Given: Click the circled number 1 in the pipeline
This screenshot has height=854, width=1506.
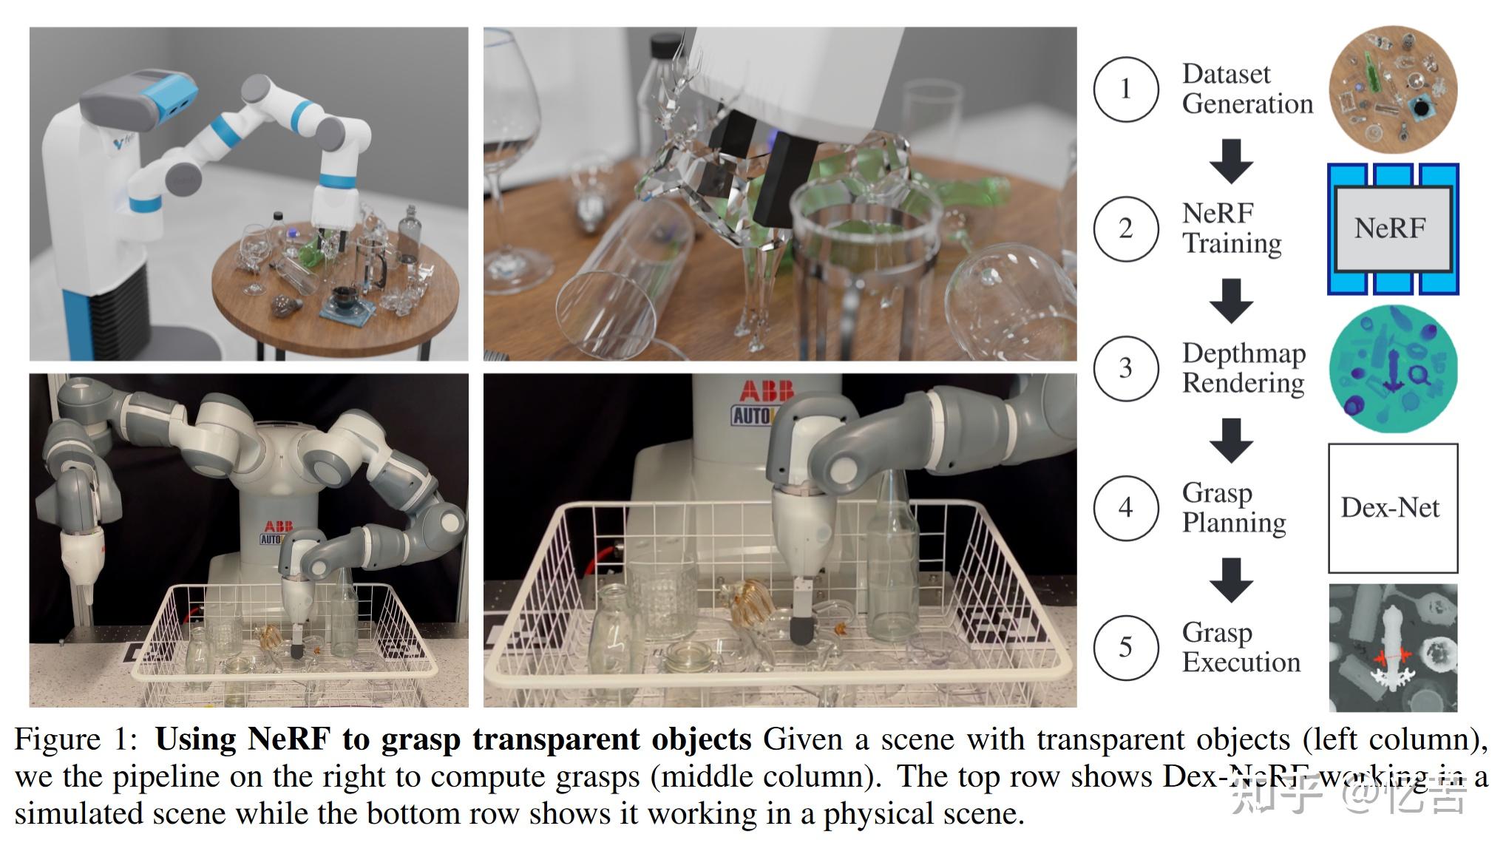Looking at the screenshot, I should pyautogui.click(x=1125, y=89).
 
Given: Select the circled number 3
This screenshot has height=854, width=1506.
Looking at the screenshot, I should pyautogui.click(x=1125, y=368).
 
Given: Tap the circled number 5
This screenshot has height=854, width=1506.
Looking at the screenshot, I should pyautogui.click(x=1125, y=648).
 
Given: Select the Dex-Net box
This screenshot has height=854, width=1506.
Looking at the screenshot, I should pyautogui.click(x=1392, y=508).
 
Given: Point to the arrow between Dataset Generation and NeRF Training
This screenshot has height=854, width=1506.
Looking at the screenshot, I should pyautogui.click(x=1231, y=160).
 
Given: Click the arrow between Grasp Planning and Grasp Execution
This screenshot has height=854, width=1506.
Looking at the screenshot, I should pyautogui.click(x=1231, y=580).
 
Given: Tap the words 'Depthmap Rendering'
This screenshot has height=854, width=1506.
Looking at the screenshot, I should pyautogui.click(x=1244, y=368).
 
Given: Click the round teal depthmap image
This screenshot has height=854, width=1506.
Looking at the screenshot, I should pyautogui.click(x=1393, y=368).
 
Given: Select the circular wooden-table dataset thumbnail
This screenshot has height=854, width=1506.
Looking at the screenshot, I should pyautogui.click(x=1393, y=89).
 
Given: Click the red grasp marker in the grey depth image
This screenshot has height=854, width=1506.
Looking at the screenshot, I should pyautogui.click(x=1393, y=656).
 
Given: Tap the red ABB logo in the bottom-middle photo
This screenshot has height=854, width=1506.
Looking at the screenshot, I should pyautogui.click(x=767, y=390).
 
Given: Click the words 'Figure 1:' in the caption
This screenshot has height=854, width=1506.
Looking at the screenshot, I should pyautogui.click(x=77, y=739).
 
